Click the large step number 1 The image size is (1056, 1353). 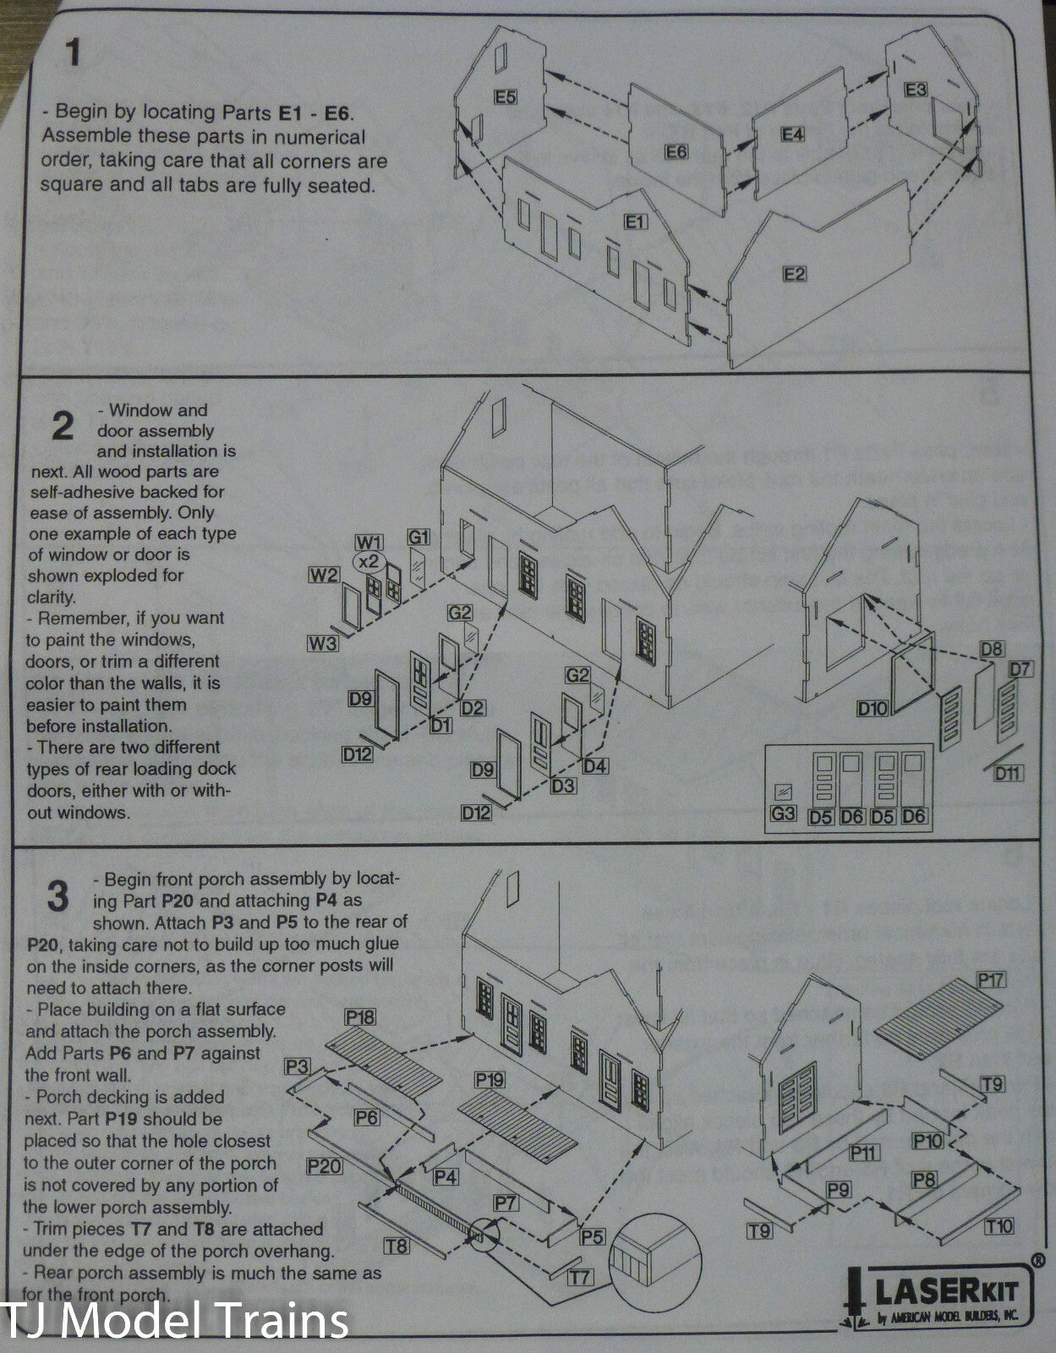pos(74,53)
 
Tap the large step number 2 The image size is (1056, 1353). pos(63,426)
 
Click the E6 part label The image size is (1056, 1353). pos(676,151)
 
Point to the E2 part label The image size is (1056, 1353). pos(795,275)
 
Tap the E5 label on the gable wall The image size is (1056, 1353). pos(506,97)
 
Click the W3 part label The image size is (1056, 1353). pos(323,644)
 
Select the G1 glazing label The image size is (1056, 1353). pos(419,537)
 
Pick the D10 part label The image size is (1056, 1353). pos(873,708)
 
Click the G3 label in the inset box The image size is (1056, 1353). pos(783,813)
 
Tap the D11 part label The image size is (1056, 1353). pos(1008,773)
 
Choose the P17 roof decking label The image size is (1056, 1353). pos(991,981)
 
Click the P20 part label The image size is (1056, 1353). pos(325,1166)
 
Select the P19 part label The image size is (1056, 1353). pos(490,1079)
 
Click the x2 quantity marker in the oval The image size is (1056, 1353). pos(369,561)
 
